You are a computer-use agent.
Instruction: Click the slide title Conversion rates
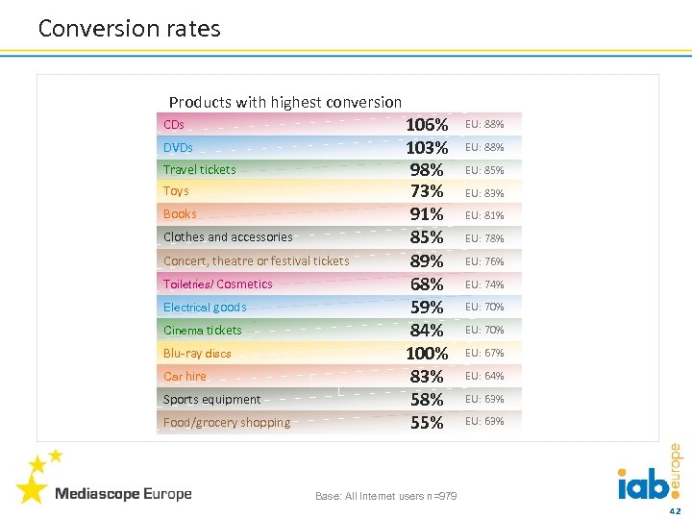[x=129, y=29]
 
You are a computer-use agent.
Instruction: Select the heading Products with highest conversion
[x=285, y=102]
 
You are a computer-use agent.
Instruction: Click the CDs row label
[x=174, y=125]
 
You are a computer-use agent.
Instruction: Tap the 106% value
[x=427, y=125]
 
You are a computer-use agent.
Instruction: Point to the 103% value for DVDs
[x=427, y=148]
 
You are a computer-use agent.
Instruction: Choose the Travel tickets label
[x=199, y=170]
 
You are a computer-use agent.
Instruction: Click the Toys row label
[x=176, y=191]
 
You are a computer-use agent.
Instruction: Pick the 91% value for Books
[x=427, y=214]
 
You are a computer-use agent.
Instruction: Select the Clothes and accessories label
[x=228, y=237]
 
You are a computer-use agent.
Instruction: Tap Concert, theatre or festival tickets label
[x=257, y=260]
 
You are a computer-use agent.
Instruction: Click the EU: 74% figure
[x=484, y=284]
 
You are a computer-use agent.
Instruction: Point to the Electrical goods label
[x=205, y=308]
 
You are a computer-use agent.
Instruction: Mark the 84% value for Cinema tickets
[x=427, y=331]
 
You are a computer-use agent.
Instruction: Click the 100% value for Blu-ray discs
[x=427, y=353]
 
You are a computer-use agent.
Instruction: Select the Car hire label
[x=185, y=377]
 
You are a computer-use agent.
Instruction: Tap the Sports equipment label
[x=211, y=400]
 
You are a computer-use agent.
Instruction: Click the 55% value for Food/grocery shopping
[x=427, y=423]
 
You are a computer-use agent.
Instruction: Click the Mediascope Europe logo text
[x=123, y=494]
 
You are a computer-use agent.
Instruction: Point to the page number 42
[x=675, y=510]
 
